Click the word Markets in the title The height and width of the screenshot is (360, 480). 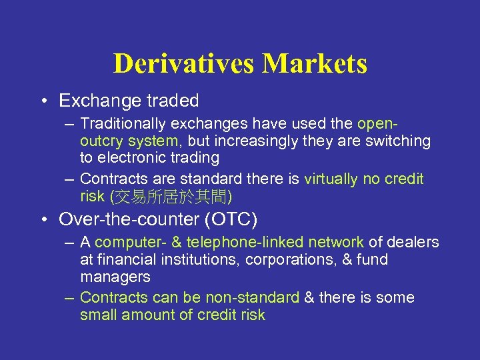pos(315,64)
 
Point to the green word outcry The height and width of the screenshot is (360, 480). pos(102,141)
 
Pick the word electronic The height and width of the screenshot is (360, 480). pos(131,158)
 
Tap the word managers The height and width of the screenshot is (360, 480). pos(115,277)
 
